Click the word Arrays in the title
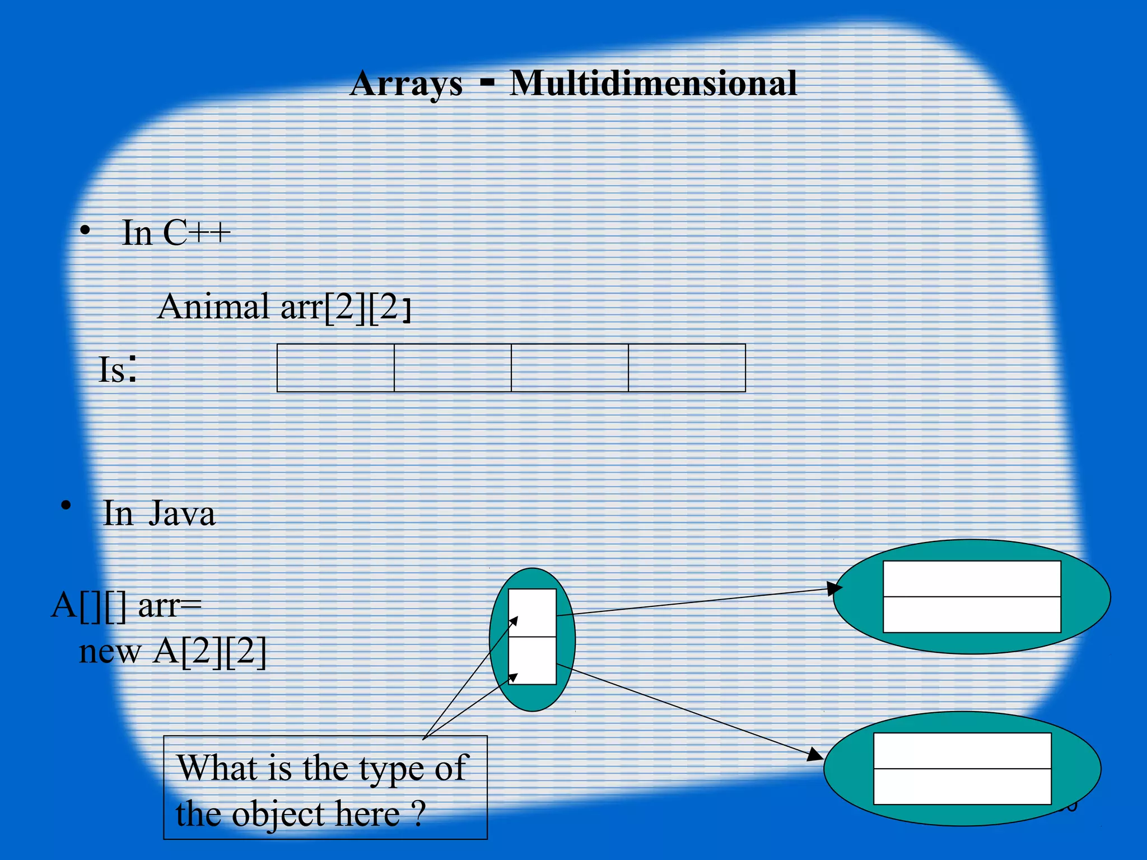pyautogui.click(x=406, y=84)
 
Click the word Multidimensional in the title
pyautogui.click(x=653, y=84)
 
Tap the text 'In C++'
pyautogui.click(x=176, y=233)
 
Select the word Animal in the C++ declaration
pyautogui.click(x=213, y=307)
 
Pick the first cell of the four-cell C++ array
pyautogui.click(x=335, y=368)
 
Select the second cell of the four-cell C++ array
pyautogui.click(x=453, y=368)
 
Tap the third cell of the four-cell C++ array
pyautogui.click(x=570, y=368)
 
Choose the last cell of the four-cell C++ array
pyautogui.click(x=687, y=368)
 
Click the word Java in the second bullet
pyautogui.click(x=182, y=513)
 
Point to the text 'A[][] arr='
pyautogui.click(x=127, y=605)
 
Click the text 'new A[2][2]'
pyautogui.click(x=173, y=652)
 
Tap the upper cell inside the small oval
pyautogui.click(x=532, y=613)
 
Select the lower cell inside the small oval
pyautogui.click(x=532, y=661)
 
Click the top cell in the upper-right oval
pyautogui.click(x=972, y=579)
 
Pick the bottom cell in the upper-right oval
pyautogui.click(x=972, y=615)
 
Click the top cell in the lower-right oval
pyautogui.click(x=962, y=751)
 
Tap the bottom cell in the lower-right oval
pyautogui.click(x=962, y=787)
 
